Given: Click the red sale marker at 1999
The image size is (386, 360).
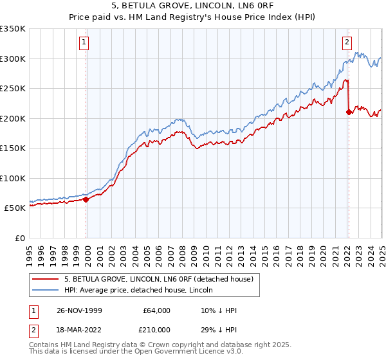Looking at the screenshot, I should point(86,199).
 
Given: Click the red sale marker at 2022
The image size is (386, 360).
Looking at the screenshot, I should point(349,112).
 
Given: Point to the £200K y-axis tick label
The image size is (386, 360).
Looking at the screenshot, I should point(14,118).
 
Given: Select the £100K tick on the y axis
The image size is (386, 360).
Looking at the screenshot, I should point(14,178).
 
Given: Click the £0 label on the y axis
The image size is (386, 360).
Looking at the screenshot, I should point(20,238).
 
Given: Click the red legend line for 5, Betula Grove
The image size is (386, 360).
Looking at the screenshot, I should point(46,279).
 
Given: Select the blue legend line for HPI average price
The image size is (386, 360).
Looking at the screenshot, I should point(46,290).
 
